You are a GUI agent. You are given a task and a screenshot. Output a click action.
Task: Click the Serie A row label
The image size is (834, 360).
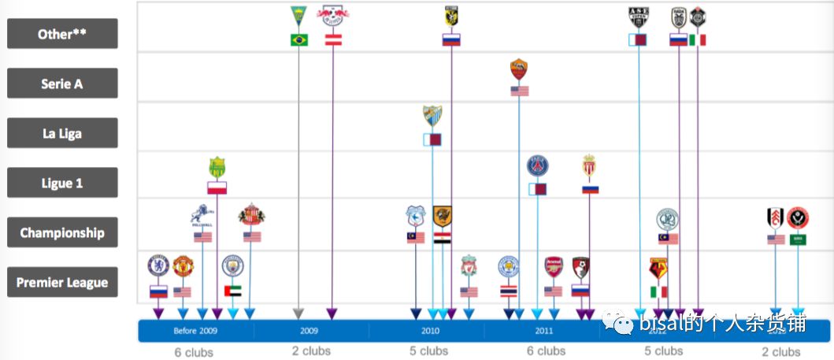tap(62, 84)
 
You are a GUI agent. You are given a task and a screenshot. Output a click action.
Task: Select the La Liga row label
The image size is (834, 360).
tap(62, 133)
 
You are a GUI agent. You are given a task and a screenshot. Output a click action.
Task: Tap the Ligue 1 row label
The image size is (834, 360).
tap(62, 183)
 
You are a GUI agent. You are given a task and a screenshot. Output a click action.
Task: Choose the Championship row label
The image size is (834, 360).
tap(62, 232)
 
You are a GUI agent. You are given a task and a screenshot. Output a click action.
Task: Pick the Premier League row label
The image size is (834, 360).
tap(62, 282)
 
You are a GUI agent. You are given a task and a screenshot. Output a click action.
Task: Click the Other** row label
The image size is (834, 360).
tap(62, 34)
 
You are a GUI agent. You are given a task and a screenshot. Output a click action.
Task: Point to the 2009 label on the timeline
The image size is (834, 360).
tap(310, 331)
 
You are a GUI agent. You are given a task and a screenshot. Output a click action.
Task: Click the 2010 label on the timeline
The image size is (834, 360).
tap(430, 331)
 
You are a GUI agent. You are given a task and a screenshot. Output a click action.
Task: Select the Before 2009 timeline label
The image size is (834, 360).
tap(195, 331)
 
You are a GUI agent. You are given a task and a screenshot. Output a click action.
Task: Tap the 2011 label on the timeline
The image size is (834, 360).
tap(544, 331)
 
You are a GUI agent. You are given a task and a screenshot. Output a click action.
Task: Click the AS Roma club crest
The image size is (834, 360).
tap(519, 70)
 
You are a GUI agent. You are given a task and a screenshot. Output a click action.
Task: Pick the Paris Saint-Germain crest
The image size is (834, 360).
tap(538, 166)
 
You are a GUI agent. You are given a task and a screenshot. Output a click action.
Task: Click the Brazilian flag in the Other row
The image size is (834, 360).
tap(299, 40)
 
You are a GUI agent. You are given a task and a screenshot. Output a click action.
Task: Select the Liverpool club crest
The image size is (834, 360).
tap(469, 265)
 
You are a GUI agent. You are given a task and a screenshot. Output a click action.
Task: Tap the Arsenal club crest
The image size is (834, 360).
tap(554, 266)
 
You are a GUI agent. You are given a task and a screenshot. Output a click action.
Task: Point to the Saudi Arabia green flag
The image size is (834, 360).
tap(798, 239)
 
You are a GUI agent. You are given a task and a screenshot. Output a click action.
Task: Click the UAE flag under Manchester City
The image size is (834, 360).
tap(233, 291)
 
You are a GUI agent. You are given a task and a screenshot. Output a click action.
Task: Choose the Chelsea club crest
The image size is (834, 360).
tap(158, 265)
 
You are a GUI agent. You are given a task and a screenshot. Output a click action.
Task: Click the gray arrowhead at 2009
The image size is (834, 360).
tap(298, 314)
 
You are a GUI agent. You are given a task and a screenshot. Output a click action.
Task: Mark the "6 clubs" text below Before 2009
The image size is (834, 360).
tap(194, 352)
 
